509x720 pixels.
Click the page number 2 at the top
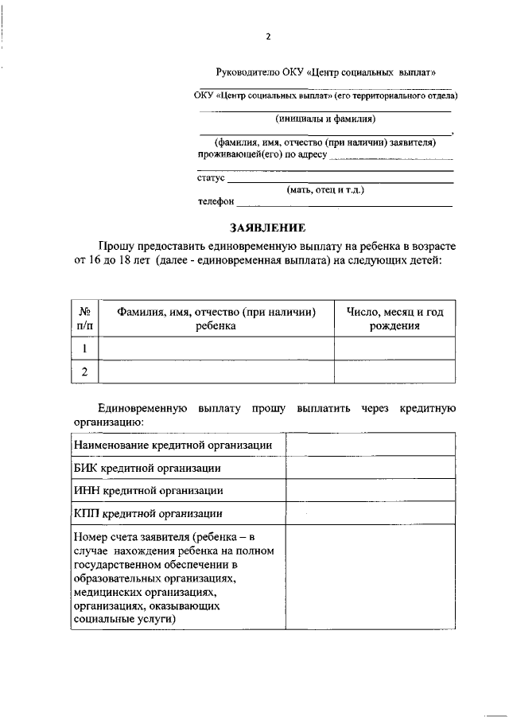click(x=268, y=37)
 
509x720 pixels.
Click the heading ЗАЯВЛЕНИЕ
click(x=266, y=228)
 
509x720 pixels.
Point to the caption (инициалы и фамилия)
click(x=325, y=119)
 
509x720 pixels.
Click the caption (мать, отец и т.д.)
click(x=326, y=189)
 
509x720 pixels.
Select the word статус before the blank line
click(x=211, y=177)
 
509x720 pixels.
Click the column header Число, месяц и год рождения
click(x=394, y=318)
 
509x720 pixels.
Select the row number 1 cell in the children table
click(x=84, y=348)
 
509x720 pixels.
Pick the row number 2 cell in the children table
click(x=84, y=372)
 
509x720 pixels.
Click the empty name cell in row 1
click(x=216, y=348)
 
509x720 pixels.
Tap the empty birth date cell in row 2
click(x=394, y=372)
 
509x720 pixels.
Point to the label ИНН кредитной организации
click(x=148, y=491)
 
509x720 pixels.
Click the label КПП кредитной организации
click(x=148, y=514)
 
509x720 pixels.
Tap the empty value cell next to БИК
click(x=371, y=468)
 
